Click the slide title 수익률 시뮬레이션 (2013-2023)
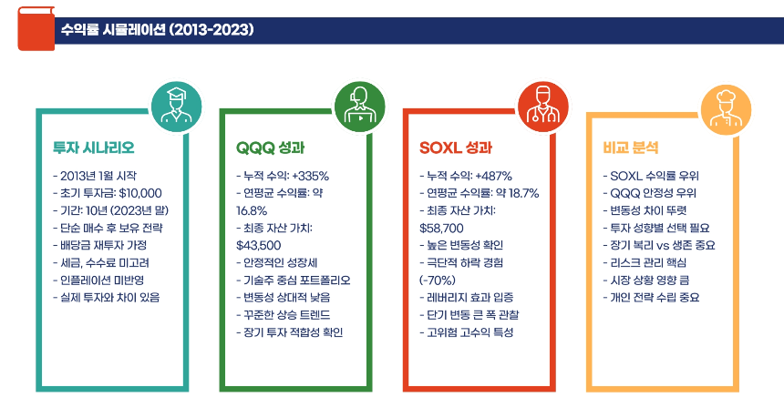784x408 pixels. point(156,30)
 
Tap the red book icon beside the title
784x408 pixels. point(34,29)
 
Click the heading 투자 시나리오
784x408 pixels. point(94,147)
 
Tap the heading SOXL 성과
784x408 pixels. point(457,147)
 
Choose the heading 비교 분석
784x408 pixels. point(630,147)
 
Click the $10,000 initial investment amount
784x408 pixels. point(140,193)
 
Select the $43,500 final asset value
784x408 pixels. point(258,245)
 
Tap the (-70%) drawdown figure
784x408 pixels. point(438,280)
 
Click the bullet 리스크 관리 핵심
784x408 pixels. point(653,262)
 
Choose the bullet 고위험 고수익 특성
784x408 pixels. point(469,331)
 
